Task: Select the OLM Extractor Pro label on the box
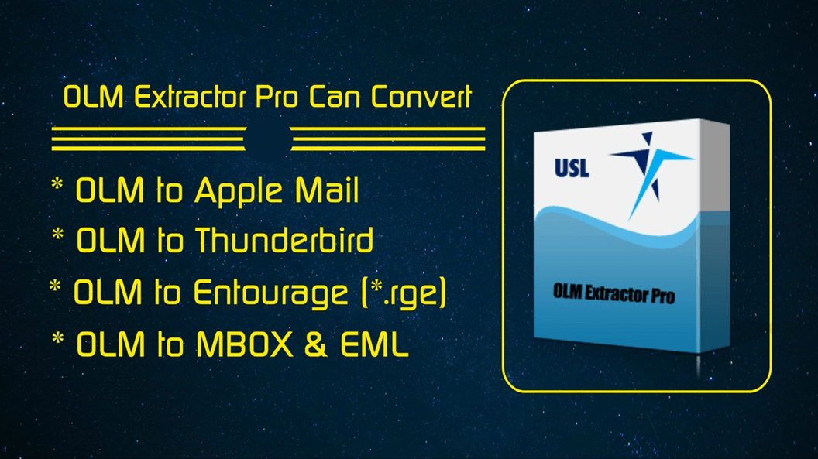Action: coord(613,293)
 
